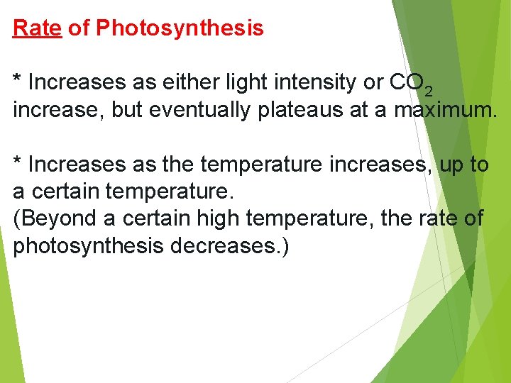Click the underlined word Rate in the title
point(38,28)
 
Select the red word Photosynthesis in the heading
point(180,28)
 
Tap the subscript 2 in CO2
point(427,91)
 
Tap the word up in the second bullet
point(451,165)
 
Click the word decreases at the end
point(229,248)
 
